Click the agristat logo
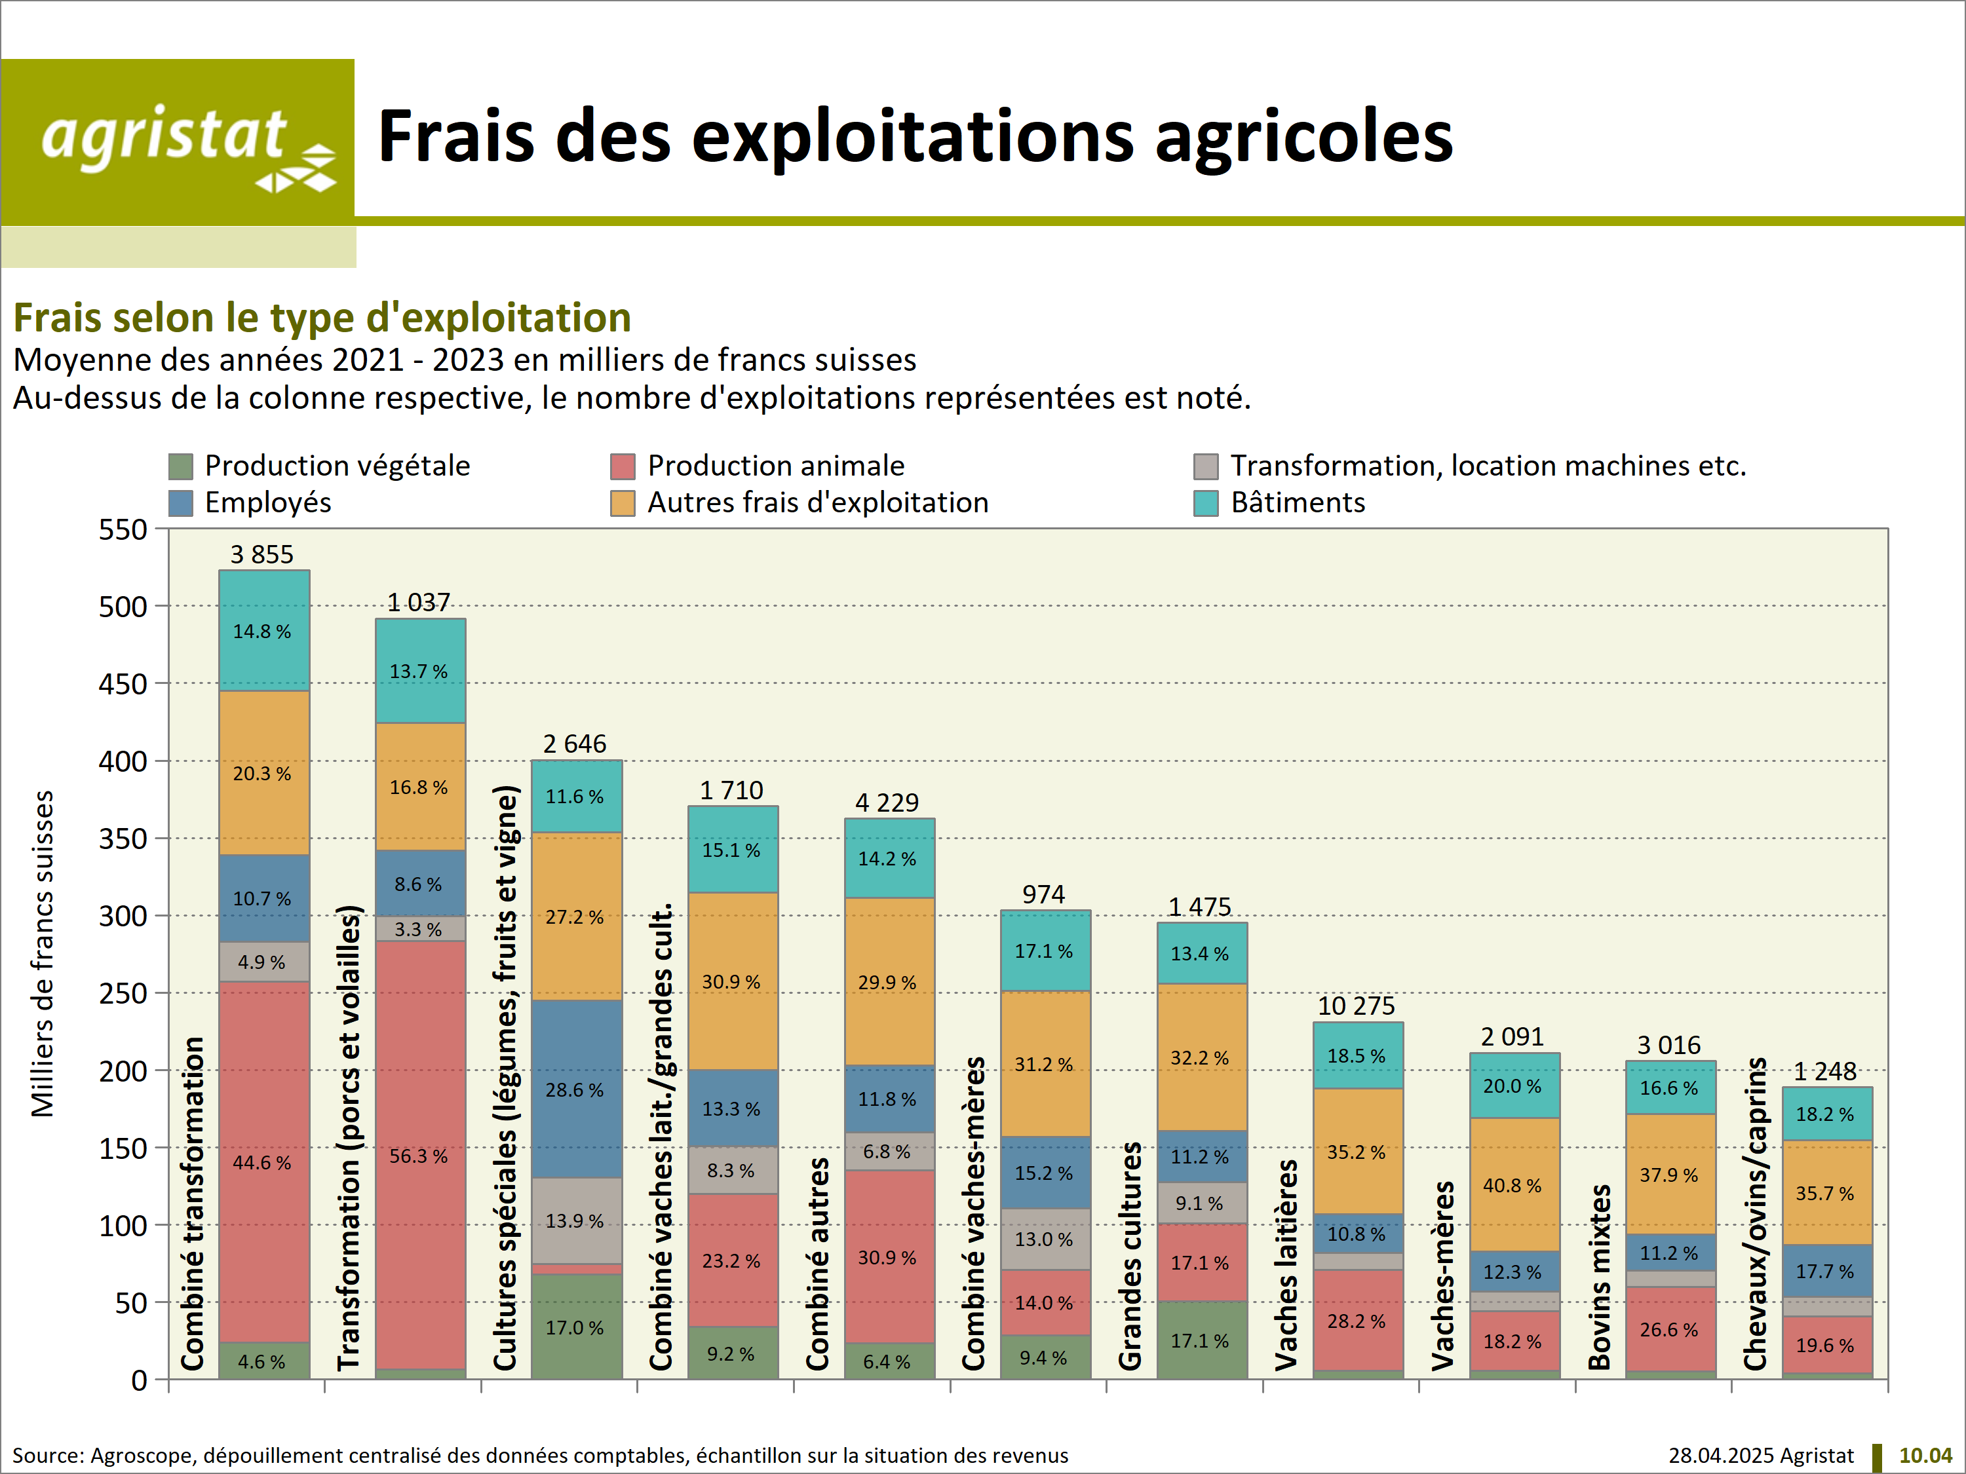[178, 142]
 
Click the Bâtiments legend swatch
[1205, 503]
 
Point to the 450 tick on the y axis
[123, 684]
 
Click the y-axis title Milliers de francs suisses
[42, 953]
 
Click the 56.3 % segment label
[419, 1156]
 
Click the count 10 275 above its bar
[1357, 1006]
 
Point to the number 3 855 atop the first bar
[262, 554]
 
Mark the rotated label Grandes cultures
[1130, 1257]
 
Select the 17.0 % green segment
[576, 1327]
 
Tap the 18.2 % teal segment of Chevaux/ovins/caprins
[1826, 1114]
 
